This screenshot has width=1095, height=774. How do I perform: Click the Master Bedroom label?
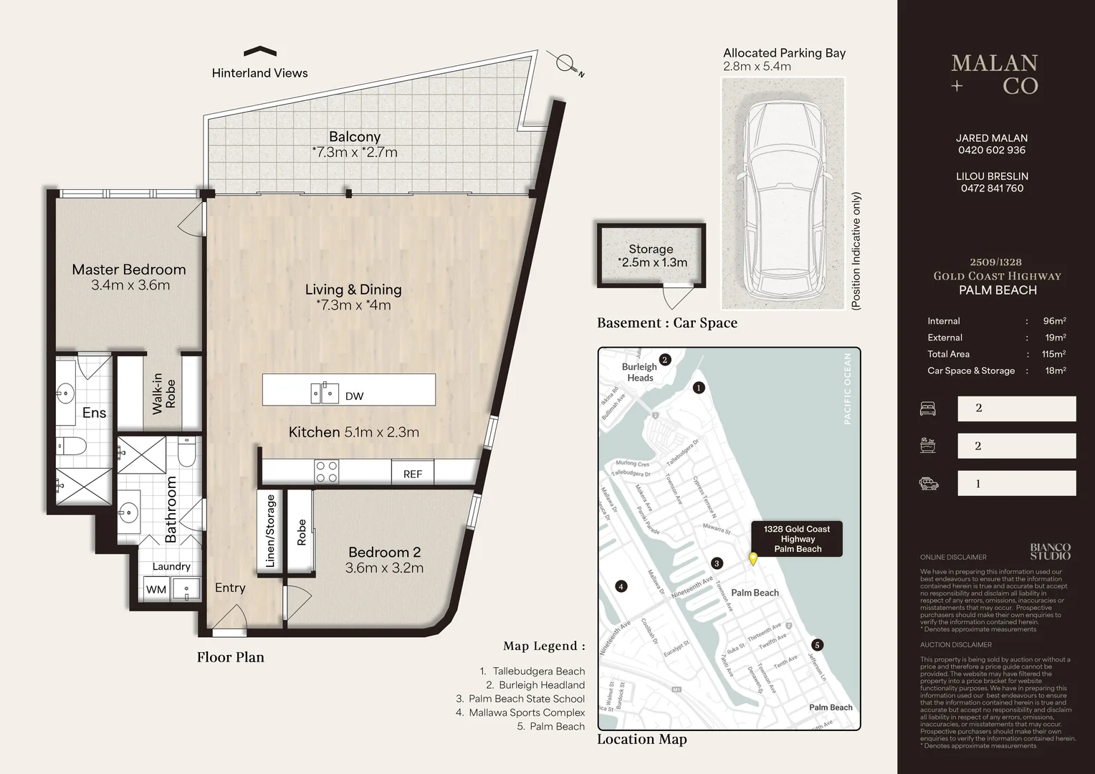click(x=129, y=269)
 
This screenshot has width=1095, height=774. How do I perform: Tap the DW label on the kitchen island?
click(x=354, y=396)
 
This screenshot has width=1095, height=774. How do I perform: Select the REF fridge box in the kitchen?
click(x=413, y=474)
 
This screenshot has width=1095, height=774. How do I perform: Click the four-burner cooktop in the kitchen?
click(x=327, y=472)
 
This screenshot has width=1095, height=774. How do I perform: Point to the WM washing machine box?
click(x=156, y=590)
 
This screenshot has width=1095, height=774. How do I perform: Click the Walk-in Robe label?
click(x=163, y=393)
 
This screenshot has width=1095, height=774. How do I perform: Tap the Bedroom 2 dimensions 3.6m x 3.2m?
click(x=384, y=568)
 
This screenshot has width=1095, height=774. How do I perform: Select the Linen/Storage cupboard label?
click(x=271, y=531)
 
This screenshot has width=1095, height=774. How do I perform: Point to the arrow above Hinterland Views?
click(x=260, y=51)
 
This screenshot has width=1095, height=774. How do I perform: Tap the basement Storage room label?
click(x=651, y=249)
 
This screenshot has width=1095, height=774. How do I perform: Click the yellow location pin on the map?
click(x=753, y=559)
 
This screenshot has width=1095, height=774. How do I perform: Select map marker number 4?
click(x=621, y=586)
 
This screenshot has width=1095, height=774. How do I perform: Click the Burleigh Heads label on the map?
click(x=640, y=372)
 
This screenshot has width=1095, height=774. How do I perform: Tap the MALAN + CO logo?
click(x=995, y=75)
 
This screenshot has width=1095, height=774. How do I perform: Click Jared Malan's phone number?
click(x=992, y=150)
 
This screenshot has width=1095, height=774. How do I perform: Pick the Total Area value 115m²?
click(x=1053, y=354)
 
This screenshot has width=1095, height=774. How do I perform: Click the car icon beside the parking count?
click(x=929, y=484)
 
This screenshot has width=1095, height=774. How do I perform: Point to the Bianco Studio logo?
click(x=1050, y=552)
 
